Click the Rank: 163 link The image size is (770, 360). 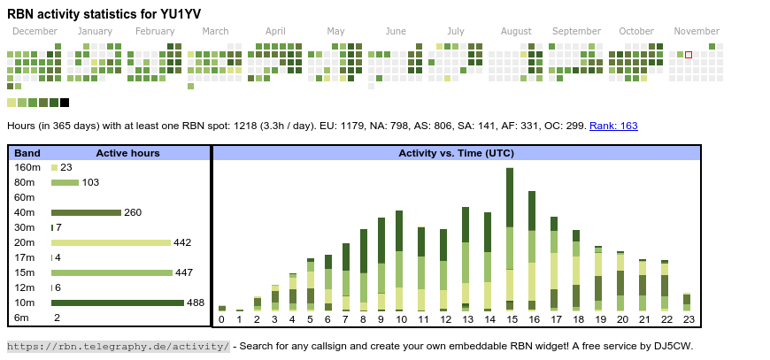point(613,126)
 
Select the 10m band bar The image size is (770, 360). point(117,303)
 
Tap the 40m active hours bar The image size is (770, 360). point(86,212)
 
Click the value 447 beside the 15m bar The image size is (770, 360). point(185,272)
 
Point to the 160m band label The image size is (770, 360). point(27,167)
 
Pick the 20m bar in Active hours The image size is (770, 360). point(111,242)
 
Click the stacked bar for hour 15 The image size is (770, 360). point(510,239)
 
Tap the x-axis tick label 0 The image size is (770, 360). point(221,319)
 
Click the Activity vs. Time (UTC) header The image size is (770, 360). point(456,153)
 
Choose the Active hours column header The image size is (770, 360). point(127,153)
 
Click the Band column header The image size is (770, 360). point(27,153)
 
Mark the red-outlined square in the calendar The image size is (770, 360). point(689,55)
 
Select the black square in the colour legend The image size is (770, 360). point(65,103)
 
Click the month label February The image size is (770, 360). point(155,31)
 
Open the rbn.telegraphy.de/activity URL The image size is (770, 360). point(119,346)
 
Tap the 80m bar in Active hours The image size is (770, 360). point(65,182)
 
